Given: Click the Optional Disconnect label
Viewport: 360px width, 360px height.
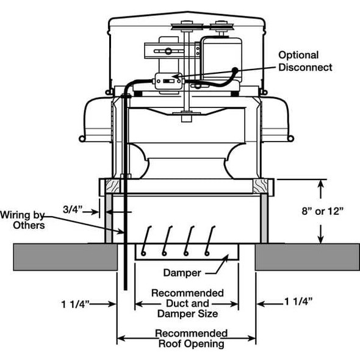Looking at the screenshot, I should click(x=305, y=61).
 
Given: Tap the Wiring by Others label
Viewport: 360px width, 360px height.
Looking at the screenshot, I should click(x=23, y=220).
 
